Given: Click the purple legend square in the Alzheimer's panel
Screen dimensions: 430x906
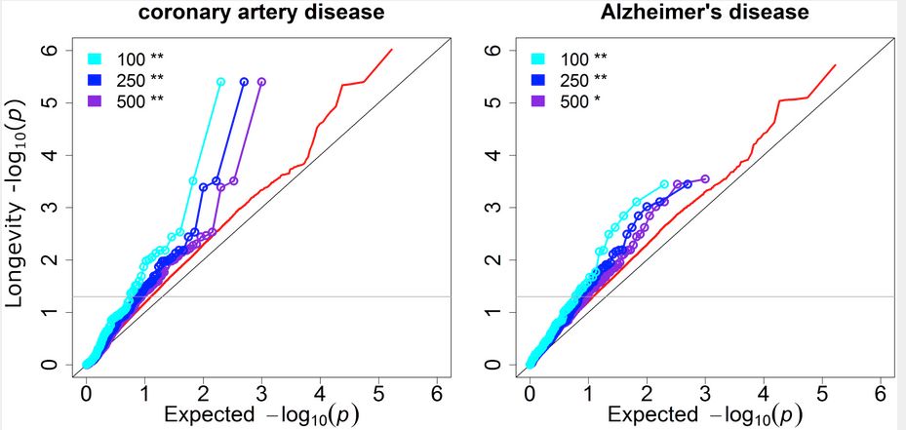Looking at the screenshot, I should (x=538, y=101).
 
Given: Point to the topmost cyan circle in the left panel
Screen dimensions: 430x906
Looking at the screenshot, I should (x=221, y=82).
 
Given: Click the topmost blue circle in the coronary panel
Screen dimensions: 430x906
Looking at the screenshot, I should (x=244, y=82).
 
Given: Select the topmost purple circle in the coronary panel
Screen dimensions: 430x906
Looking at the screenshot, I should (x=262, y=82).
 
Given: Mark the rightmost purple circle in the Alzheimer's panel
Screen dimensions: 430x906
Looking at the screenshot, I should (x=705, y=178).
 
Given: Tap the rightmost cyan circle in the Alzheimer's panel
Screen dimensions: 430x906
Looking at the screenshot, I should (x=664, y=183).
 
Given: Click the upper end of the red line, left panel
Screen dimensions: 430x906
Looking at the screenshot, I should (x=391, y=50).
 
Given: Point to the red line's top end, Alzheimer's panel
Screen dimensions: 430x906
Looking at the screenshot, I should (x=836, y=65).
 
